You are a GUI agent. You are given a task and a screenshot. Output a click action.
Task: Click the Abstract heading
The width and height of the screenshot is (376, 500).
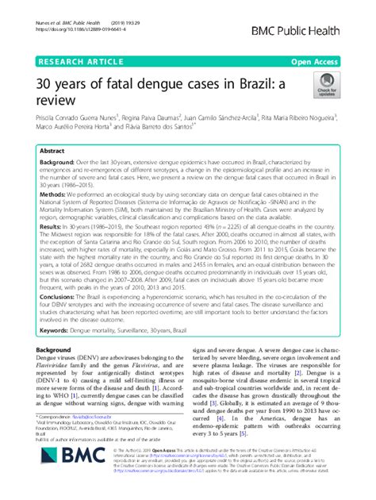pos(52,151)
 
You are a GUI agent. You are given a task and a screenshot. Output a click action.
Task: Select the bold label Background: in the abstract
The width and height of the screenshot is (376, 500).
pos(59,162)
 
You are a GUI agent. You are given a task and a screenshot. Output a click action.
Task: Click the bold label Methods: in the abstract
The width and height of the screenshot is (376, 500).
pos(54,193)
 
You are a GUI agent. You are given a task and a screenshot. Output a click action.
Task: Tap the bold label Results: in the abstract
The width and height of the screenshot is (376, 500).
pos(52,225)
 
